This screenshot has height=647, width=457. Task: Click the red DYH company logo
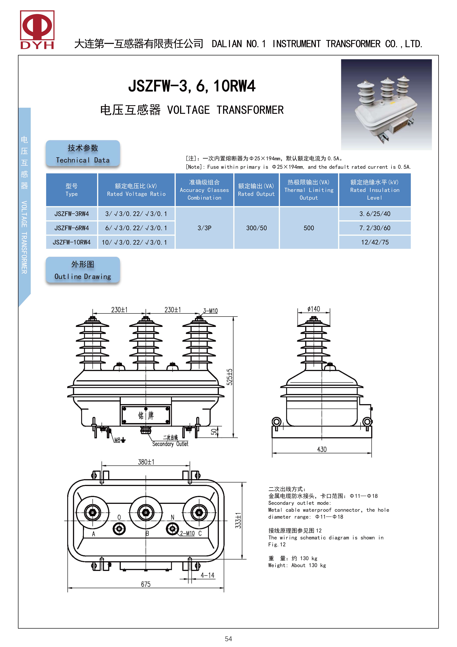[37, 30]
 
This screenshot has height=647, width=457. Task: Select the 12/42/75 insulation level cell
[375, 242]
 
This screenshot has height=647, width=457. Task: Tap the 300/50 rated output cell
[256, 228]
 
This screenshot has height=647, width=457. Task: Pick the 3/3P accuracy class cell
[204, 228]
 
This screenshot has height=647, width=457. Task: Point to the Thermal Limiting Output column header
[309, 190]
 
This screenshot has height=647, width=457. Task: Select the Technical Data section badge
[83, 154]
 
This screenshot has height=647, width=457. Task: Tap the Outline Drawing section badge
[83, 270]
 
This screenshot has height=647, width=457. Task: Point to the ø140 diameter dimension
[314, 309]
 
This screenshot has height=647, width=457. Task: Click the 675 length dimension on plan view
[146, 584]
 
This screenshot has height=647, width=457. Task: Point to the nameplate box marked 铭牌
[146, 415]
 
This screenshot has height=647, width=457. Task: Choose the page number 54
[228, 639]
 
